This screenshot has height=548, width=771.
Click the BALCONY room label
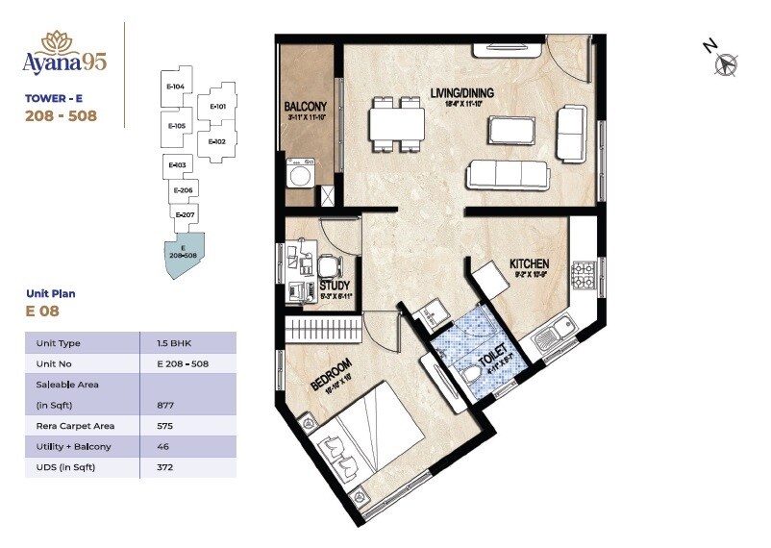[x=306, y=106]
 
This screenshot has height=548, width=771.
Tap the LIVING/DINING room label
[x=461, y=92]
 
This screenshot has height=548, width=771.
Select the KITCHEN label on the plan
[x=529, y=263]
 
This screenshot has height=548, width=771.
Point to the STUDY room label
[x=334, y=285]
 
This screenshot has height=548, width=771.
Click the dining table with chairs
[x=396, y=124]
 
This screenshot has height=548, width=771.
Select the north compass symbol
[x=726, y=64]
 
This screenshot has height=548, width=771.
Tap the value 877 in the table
[x=166, y=405]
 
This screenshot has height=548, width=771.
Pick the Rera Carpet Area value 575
[x=166, y=425]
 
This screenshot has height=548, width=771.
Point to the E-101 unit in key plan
[x=217, y=107]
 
